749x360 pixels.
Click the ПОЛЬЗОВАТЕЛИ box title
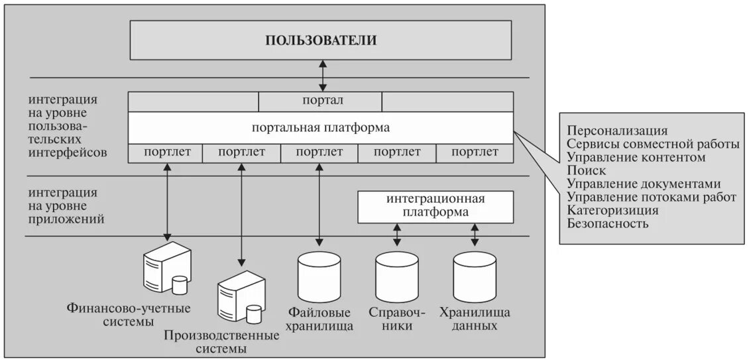pyautogui.click(x=321, y=40)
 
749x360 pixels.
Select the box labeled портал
pyautogui.click(x=320, y=102)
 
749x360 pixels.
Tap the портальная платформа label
pyautogui.click(x=321, y=127)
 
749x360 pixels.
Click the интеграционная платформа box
pyautogui.click(x=435, y=206)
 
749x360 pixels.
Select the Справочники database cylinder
pyautogui.click(x=397, y=278)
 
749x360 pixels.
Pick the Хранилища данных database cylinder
pyautogui.click(x=475, y=277)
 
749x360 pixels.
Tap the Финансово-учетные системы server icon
pyautogui.click(x=166, y=269)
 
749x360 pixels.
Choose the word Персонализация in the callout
pyautogui.click(x=617, y=130)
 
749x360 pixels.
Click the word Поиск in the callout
pyautogui.click(x=587, y=170)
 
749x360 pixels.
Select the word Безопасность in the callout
pyautogui.click(x=608, y=223)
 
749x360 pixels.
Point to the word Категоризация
pyautogui.click(x=612, y=210)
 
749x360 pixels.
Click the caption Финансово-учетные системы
pyautogui.click(x=129, y=315)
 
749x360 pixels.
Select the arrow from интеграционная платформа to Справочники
pyautogui.click(x=397, y=234)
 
